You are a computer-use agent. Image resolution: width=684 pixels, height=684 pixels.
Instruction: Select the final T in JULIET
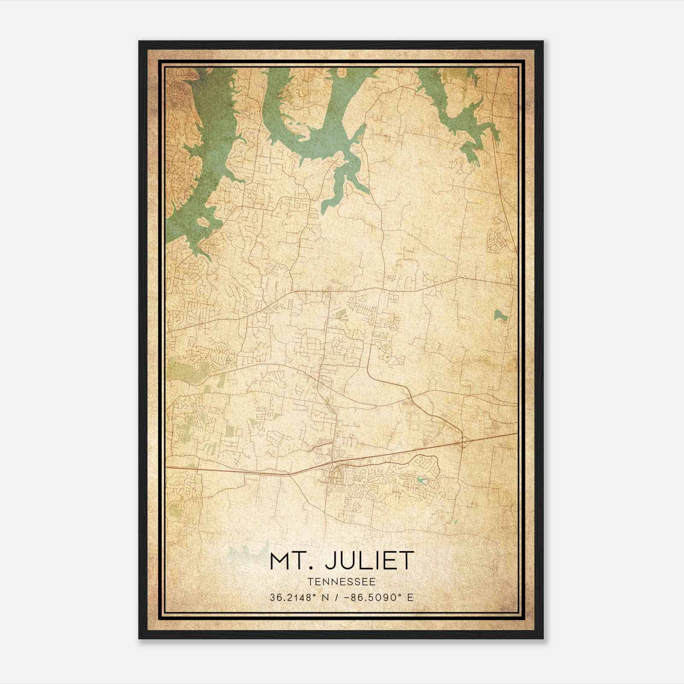pos(408,561)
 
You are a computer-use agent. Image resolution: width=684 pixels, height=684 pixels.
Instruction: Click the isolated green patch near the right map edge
pos(499,316)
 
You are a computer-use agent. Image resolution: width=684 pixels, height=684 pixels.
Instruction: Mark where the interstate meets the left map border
pos(167,468)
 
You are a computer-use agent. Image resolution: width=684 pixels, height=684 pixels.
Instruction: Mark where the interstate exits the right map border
pos(517,433)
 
